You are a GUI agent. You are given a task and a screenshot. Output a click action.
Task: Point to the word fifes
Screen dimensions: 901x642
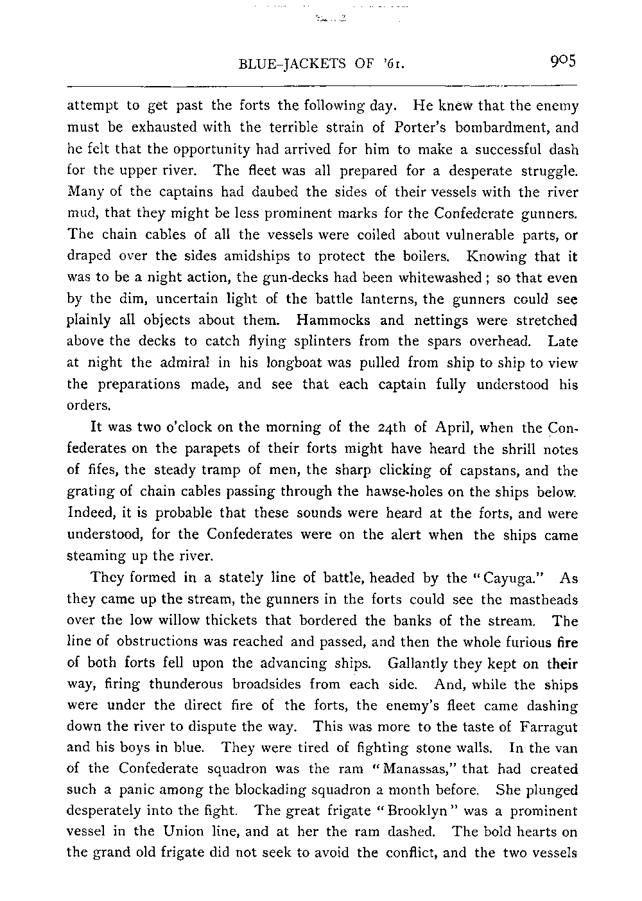coord(106,471)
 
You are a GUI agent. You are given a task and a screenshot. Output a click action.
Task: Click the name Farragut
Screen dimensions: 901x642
coord(547,727)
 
